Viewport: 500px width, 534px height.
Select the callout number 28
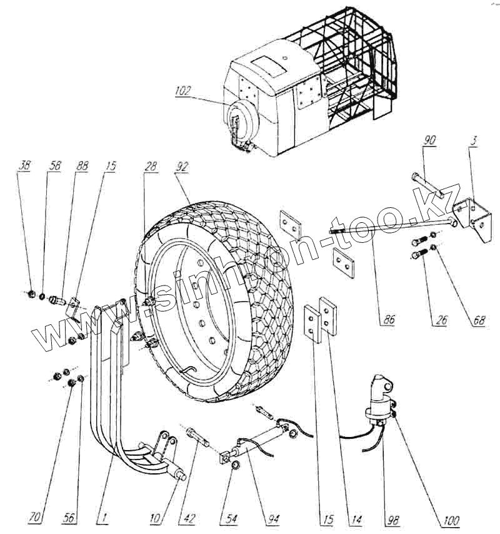click(150, 167)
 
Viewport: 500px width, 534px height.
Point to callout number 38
click(24, 167)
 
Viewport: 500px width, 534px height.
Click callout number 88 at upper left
click(82, 167)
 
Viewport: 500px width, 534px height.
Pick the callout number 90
click(429, 139)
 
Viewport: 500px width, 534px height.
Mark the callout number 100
click(452, 520)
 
